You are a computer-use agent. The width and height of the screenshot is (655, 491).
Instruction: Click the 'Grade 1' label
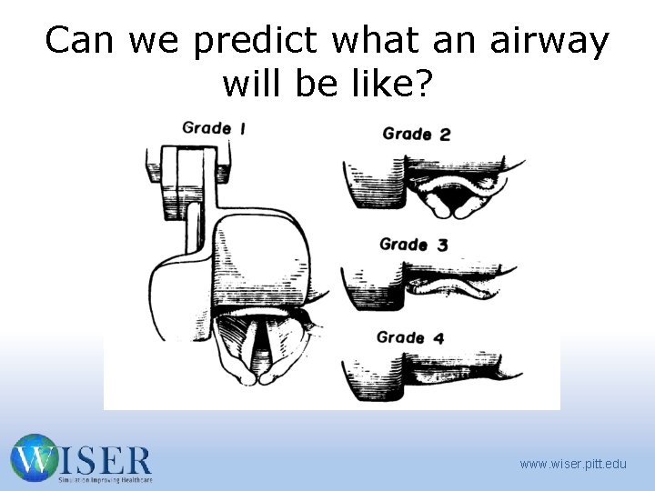tap(214, 127)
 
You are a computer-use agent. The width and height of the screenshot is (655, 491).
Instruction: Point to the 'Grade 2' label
tap(417, 134)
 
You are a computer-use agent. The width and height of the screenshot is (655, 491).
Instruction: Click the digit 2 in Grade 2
tap(444, 135)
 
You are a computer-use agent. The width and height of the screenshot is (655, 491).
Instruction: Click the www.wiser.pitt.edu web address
tap(573, 464)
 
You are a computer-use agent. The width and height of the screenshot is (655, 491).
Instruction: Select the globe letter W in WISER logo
tap(34, 457)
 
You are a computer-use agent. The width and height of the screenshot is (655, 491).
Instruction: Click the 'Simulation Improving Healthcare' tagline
tap(105, 479)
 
